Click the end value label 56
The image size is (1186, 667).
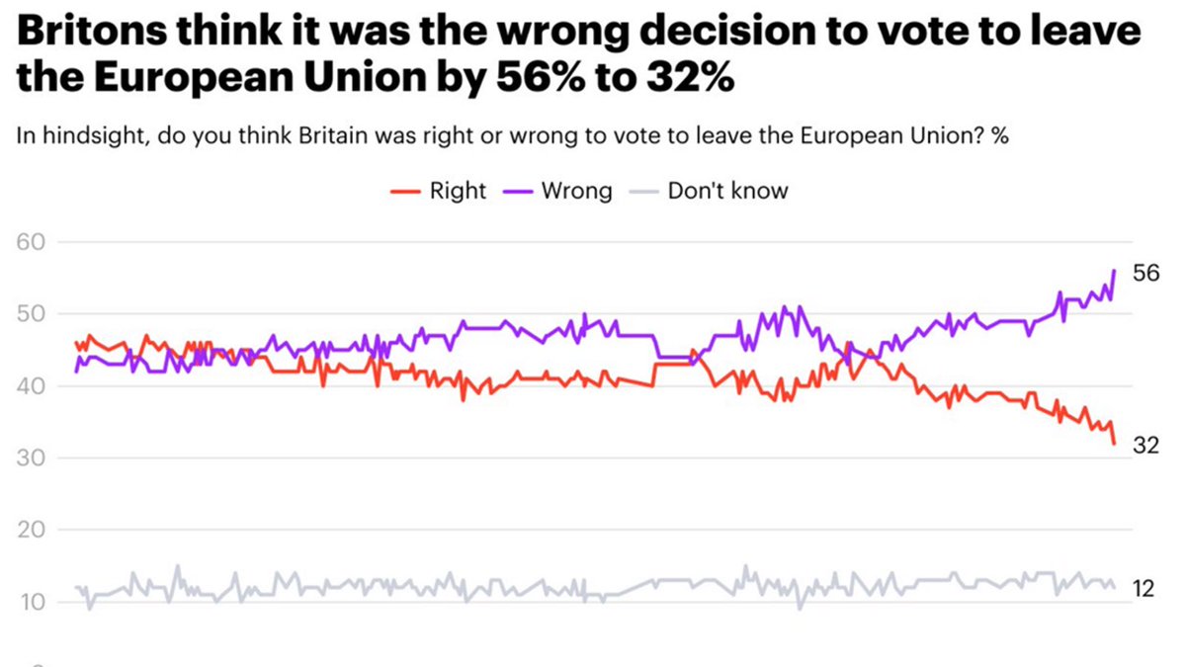(1144, 274)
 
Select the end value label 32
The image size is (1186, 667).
(1144, 446)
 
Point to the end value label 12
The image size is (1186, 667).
(1144, 589)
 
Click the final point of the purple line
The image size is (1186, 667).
(1115, 270)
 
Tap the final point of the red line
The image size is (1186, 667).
(1115, 444)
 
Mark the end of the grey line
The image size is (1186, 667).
(1115, 588)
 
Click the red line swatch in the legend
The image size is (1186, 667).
(404, 191)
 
